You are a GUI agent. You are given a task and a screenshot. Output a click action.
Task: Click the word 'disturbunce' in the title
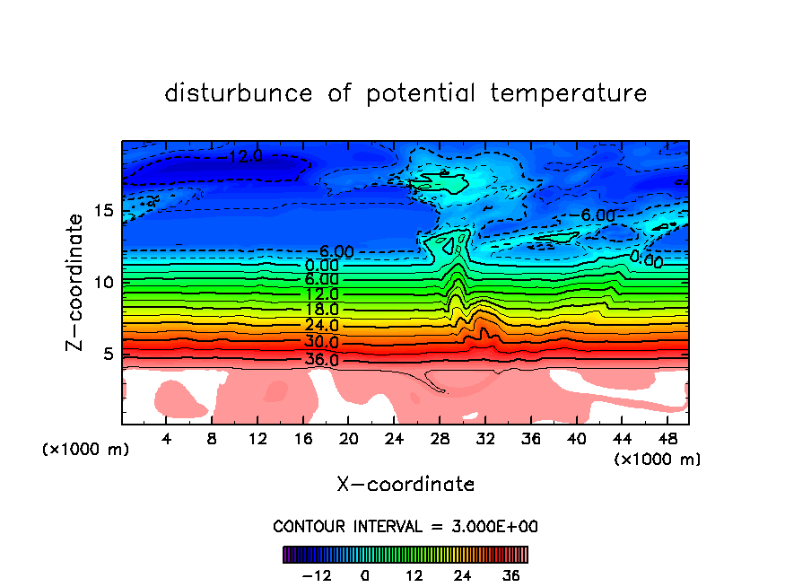click(x=239, y=93)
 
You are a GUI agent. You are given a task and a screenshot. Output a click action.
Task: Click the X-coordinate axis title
click(x=405, y=485)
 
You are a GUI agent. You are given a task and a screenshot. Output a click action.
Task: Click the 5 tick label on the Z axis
click(x=108, y=354)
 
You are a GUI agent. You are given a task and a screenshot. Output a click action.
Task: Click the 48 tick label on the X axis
click(x=667, y=440)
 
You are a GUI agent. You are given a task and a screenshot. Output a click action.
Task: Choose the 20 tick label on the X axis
click(x=349, y=440)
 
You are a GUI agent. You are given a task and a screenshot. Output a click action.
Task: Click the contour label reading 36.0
click(x=321, y=360)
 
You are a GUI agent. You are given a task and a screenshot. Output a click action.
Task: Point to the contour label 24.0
click(x=321, y=325)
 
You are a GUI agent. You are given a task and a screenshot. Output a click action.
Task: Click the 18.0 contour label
click(x=321, y=310)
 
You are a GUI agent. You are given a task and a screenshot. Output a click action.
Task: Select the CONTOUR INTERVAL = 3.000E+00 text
click(x=405, y=526)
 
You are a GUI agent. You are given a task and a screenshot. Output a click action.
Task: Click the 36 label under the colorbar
click(x=510, y=575)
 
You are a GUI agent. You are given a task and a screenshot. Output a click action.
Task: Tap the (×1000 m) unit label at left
click(x=86, y=449)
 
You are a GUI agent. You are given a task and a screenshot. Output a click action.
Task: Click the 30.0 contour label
click(x=321, y=342)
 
